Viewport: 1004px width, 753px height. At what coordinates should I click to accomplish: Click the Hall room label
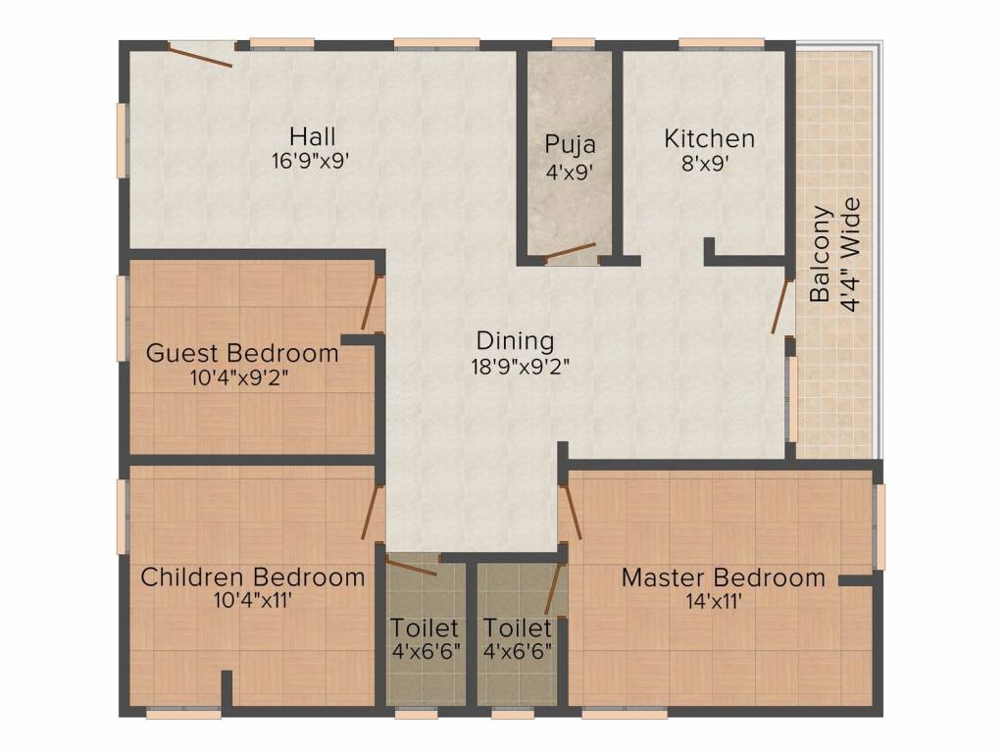pos(312,136)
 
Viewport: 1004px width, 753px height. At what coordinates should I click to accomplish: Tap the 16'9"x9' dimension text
pos(310,161)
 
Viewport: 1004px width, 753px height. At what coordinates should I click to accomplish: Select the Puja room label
pos(570,145)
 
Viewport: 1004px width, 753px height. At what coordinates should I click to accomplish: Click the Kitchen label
pos(709,138)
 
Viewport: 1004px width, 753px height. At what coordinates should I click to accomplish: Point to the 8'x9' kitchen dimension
pos(705,164)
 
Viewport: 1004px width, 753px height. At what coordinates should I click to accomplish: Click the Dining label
pos(515,340)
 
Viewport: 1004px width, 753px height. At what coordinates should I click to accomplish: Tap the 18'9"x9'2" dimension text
pos(521,367)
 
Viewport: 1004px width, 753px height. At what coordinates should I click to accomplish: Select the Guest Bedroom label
pos(242,353)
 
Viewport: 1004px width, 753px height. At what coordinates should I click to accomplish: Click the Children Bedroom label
pos(252,577)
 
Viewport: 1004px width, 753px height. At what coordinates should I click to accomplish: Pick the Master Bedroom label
pos(724,577)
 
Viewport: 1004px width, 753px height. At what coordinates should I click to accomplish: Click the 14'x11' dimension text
pos(714,602)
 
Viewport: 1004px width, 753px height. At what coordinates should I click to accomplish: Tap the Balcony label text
pos(820,254)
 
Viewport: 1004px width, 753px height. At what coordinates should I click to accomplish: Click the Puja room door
pos(571,251)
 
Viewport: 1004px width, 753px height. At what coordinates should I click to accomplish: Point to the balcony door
pos(781,306)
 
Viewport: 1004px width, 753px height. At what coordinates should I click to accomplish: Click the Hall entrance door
pos(200,55)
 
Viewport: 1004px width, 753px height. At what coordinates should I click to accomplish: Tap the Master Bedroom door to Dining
pos(572,512)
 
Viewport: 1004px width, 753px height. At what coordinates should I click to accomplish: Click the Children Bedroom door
pos(372,512)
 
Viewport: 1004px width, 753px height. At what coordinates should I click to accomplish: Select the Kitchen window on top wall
pos(722,43)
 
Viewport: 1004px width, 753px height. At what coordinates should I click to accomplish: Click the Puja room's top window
pos(573,43)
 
